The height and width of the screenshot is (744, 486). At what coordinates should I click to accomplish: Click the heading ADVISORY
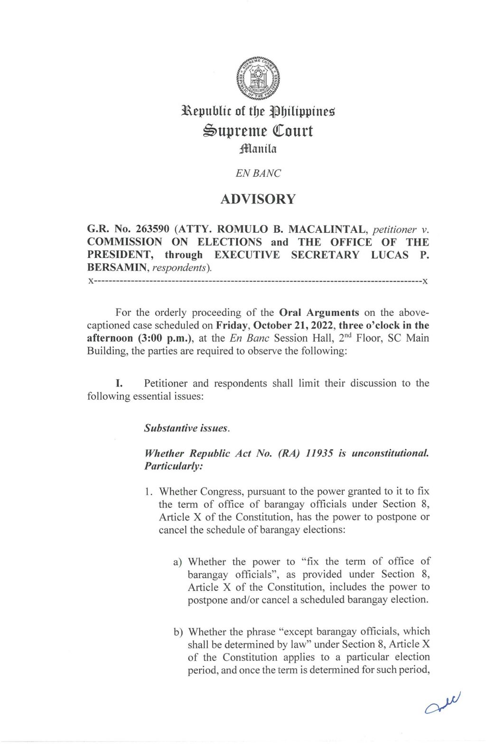[x=258, y=199]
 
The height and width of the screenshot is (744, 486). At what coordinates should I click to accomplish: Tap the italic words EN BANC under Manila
[x=258, y=173]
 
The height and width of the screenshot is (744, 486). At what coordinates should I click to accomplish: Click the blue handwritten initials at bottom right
[x=443, y=703]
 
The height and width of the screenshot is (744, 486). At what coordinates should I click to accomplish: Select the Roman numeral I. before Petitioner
[x=119, y=383]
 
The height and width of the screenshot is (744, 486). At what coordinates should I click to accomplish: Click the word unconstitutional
[x=390, y=453]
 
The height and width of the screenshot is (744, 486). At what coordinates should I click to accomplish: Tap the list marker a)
[x=178, y=562]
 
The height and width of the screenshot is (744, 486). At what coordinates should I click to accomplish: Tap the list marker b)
[x=178, y=632]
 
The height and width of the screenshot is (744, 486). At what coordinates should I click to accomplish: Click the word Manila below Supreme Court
[x=258, y=149]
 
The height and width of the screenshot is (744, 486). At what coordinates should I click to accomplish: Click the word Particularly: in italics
[x=174, y=466]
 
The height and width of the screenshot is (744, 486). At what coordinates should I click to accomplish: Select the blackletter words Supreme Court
[x=258, y=131]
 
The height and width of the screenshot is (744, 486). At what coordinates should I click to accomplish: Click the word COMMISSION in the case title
[x=124, y=242]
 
